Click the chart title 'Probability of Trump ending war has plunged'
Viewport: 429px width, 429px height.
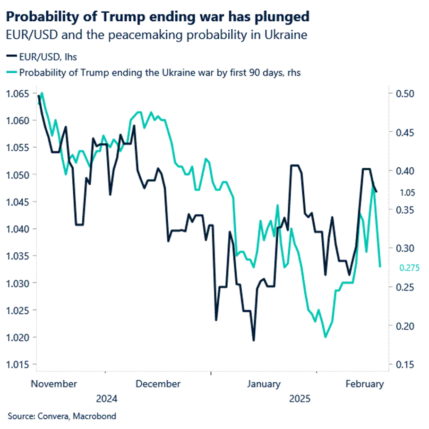[x=158, y=17]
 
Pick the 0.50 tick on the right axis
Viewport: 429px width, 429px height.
[x=407, y=94]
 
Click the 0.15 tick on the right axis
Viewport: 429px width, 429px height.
[x=407, y=365]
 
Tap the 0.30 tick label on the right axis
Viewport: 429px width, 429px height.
[x=407, y=249]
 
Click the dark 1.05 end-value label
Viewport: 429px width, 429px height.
[x=407, y=192]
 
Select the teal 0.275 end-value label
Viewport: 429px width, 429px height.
[x=409, y=268]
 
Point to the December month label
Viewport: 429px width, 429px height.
[x=158, y=384]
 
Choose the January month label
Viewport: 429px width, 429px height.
[x=264, y=384]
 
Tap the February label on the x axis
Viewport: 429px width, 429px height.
[x=364, y=384]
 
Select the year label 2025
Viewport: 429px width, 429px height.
[x=300, y=399]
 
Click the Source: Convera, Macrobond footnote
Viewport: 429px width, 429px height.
[x=62, y=416]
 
